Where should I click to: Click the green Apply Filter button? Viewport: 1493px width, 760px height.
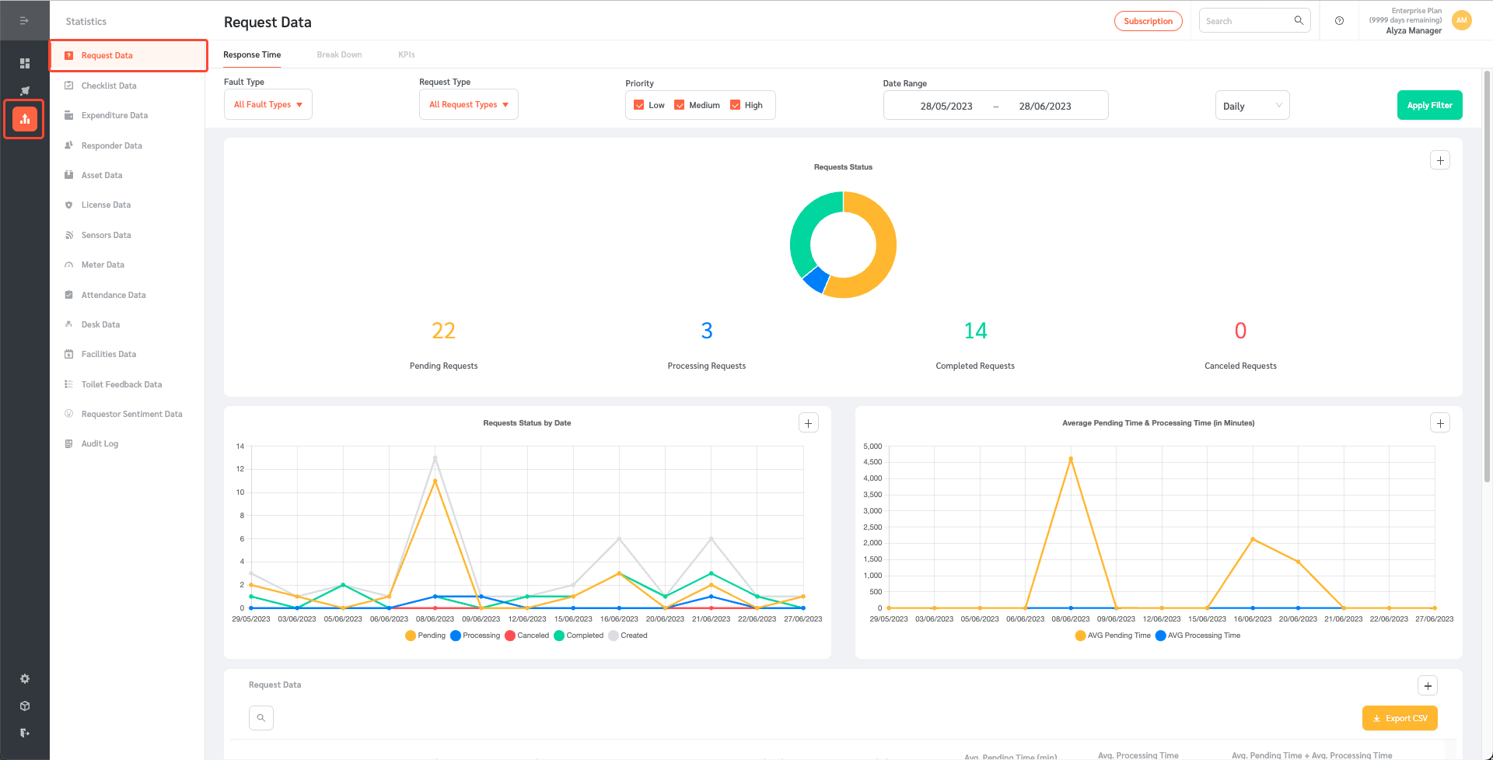(x=1429, y=105)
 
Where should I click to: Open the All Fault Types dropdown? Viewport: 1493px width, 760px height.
(x=267, y=105)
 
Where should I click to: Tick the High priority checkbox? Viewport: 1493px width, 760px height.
(x=735, y=105)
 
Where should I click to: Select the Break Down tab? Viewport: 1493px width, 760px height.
(x=339, y=54)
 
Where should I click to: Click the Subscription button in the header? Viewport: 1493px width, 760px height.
(x=1148, y=21)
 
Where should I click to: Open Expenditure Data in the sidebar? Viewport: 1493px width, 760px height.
(x=114, y=115)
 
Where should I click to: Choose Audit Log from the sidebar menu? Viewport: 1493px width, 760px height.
(x=100, y=443)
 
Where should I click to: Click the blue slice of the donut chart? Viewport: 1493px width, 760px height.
(x=816, y=278)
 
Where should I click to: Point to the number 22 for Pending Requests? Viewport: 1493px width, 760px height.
(x=443, y=331)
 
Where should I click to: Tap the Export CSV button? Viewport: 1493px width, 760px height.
(x=1400, y=718)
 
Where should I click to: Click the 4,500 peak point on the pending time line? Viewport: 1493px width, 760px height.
(x=1071, y=459)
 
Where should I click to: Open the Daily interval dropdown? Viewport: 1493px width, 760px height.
(x=1252, y=106)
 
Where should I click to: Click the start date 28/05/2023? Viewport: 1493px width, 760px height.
(x=946, y=106)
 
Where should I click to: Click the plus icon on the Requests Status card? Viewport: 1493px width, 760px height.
(x=1440, y=160)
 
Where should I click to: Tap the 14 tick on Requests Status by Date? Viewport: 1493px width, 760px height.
(x=240, y=447)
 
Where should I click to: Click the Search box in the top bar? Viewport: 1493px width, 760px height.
(x=1247, y=21)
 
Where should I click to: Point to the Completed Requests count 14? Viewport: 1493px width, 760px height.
(x=975, y=331)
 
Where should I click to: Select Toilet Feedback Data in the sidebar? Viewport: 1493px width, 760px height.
(x=121, y=384)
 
